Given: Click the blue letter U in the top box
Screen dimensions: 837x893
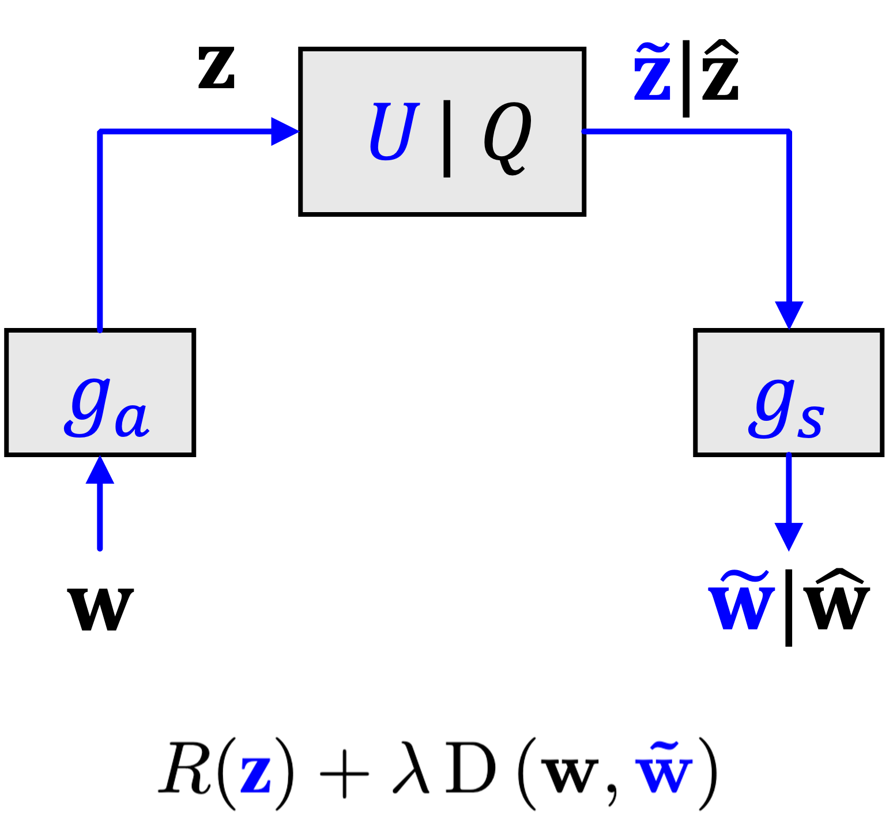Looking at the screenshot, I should point(393,132).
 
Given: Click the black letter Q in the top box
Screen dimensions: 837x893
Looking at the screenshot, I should point(507,137).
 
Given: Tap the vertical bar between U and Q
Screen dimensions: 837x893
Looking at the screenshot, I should point(447,138).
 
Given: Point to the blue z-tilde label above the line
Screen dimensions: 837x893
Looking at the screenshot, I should point(653,74).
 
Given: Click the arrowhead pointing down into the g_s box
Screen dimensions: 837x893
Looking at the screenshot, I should point(789,314).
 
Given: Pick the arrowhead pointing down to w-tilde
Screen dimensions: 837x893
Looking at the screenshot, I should point(789,536).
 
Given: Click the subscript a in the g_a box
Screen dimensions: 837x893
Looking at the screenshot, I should point(132,420).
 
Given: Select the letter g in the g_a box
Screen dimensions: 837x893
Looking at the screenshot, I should point(88,406).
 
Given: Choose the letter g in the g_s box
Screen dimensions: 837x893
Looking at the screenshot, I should point(771,408).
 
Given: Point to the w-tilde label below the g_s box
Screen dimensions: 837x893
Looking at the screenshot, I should point(741,602).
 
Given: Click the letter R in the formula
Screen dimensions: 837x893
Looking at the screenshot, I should point(184,770).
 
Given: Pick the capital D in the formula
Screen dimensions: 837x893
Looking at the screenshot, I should point(470,770).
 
